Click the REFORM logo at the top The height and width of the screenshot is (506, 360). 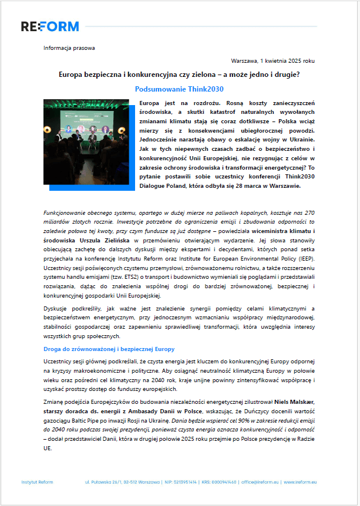50,26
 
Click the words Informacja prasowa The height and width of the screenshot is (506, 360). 69,48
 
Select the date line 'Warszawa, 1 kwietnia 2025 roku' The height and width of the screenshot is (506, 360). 273,60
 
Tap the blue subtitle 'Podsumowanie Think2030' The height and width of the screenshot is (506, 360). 179,89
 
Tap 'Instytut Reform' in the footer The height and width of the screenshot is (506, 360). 37,481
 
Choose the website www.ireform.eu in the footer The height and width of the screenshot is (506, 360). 300,481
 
